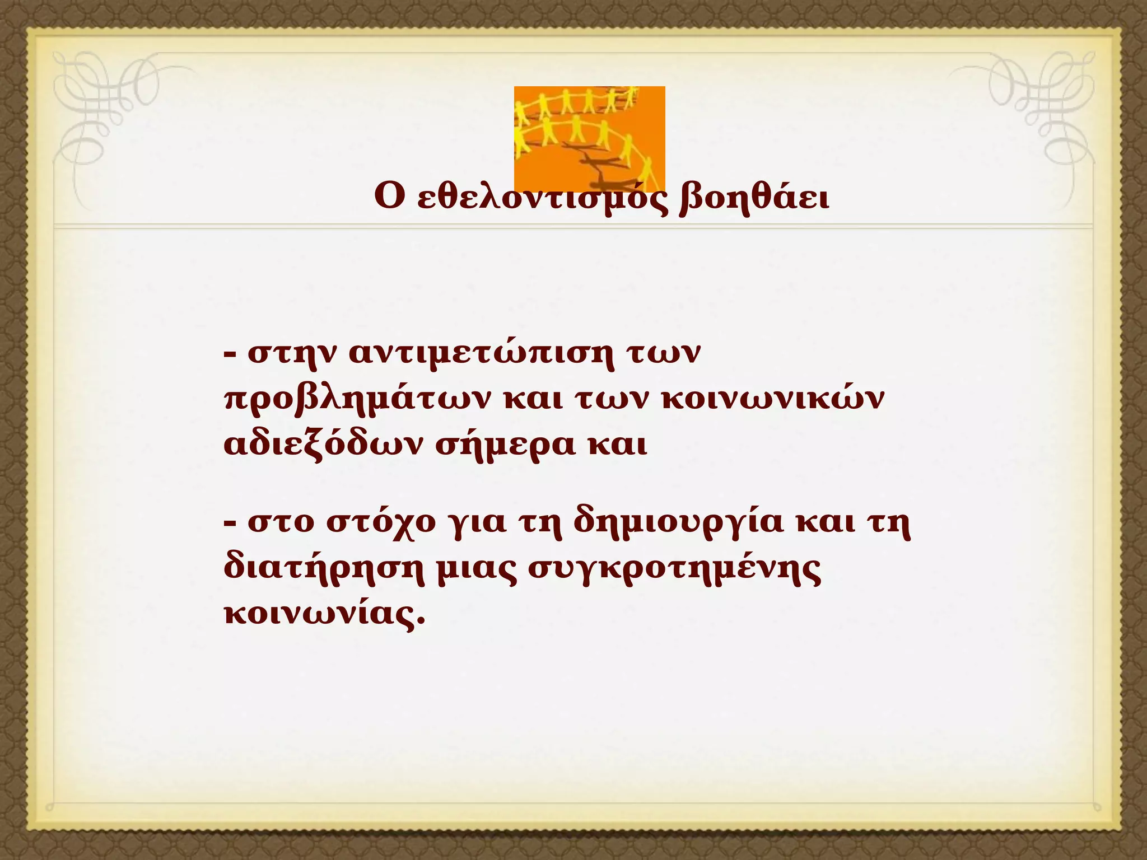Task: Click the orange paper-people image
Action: [589, 139]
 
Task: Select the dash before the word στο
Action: [229, 524]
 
